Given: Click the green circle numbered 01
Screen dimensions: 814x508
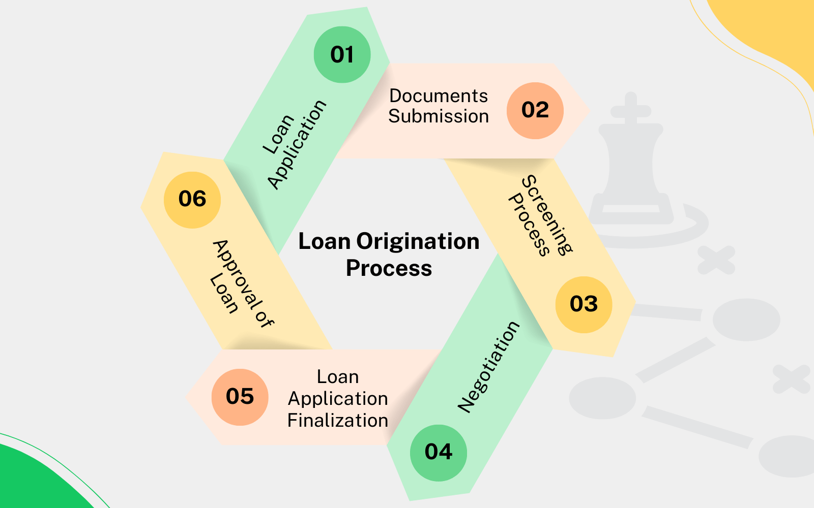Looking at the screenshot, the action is click(x=342, y=55).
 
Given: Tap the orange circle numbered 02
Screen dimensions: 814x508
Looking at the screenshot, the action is click(x=535, y=110).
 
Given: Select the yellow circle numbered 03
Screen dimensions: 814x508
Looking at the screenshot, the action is click(x=584, y=304).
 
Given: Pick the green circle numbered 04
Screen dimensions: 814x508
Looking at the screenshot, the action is click(x=438, y=452).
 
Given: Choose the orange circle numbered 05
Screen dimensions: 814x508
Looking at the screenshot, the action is click(x=240, y=397).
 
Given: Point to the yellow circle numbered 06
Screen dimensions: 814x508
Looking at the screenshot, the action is click(x=192, y=199).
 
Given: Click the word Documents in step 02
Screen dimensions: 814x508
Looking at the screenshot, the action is click(x=439, y=96).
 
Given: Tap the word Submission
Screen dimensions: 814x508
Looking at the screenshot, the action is click(x=439, y=116).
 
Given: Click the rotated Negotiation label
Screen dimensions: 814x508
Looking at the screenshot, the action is click(x=488, y=366).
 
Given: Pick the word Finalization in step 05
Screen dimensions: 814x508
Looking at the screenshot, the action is click(x=338, y=421).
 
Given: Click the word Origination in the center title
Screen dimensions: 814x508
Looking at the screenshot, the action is click(x=418, y=241).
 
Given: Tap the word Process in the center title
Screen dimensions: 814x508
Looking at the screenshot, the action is click(x=389, y=268).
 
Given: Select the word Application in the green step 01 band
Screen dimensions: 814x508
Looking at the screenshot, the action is click(x=297, y=144).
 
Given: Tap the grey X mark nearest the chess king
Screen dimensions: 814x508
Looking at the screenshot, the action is click(x=716, y=260).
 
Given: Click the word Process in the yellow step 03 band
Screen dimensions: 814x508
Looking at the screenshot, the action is click(x=529, y=225).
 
